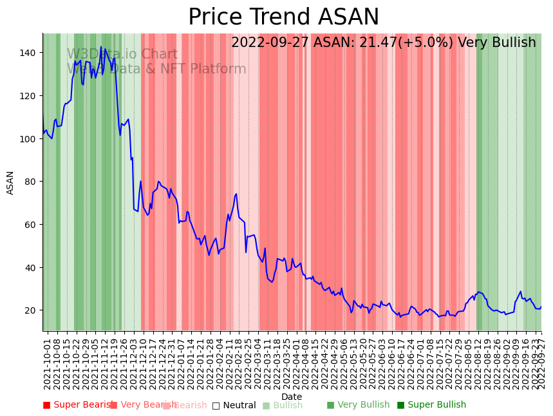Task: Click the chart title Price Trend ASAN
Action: click(283, 17)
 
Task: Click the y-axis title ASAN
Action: click(10, 182)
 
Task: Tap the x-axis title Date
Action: click(292, 397)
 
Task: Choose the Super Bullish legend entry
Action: click(431, 405)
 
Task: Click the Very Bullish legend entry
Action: click(358, 405)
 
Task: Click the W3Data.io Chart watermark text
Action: click(122, 54)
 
